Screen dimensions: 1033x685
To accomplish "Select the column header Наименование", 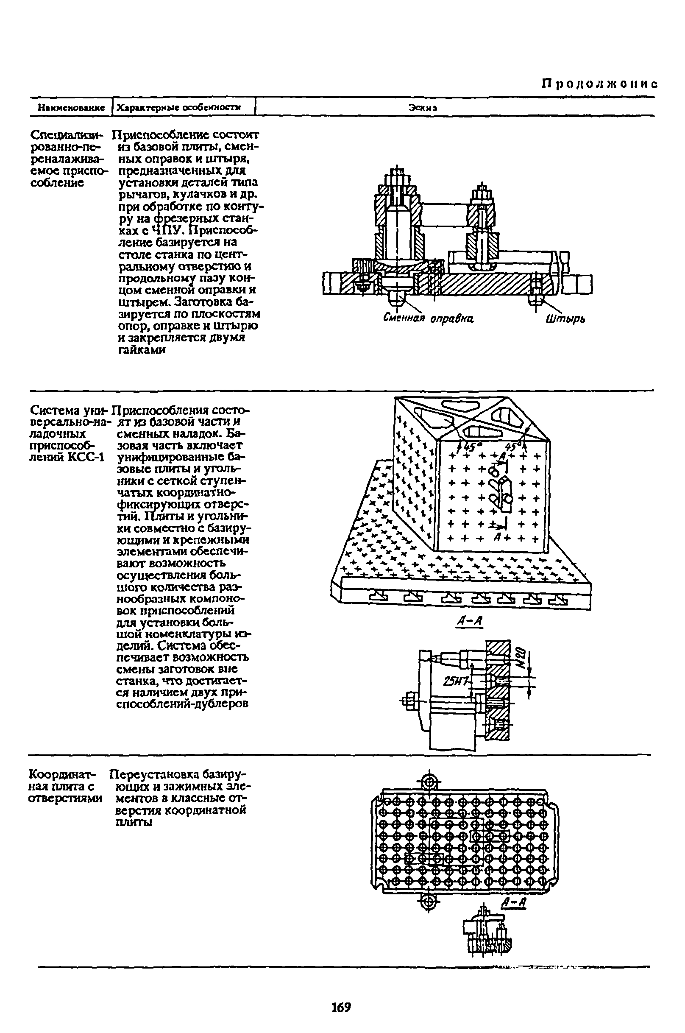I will click(x=71, y=107).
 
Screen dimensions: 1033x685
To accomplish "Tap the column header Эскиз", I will click(x=423, y=107).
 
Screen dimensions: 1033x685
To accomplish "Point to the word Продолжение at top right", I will click(x=599, y=84).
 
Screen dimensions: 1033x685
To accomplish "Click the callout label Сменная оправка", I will click(x=429, y=318).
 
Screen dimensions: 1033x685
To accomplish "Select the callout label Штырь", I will click(x=566, y=319).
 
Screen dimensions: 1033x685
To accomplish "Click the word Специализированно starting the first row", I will click(x=66, y=134).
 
